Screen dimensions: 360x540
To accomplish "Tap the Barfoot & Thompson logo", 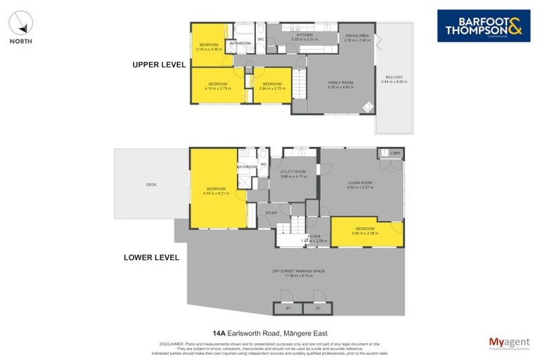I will click(483, 25).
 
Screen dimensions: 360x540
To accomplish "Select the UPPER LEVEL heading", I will click(159, 65).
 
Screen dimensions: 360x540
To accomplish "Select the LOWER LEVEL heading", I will click(151, 257).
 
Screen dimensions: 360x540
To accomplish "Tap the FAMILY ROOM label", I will click(340, 83).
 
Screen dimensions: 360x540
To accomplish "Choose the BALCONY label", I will click(394, 77).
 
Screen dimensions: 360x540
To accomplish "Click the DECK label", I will click(151, 185).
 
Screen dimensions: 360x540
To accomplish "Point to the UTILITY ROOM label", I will click(292, 172).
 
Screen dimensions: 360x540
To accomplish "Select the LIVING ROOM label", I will click(359, 183).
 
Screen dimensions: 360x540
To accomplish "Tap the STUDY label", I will click(271, 212).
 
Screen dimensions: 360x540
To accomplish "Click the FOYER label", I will click(314, 236).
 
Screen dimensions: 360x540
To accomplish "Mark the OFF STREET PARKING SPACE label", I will click(299, 271).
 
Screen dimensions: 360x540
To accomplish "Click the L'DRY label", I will click(395, 153).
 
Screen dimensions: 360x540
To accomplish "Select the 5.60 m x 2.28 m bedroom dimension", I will click(366, 233).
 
